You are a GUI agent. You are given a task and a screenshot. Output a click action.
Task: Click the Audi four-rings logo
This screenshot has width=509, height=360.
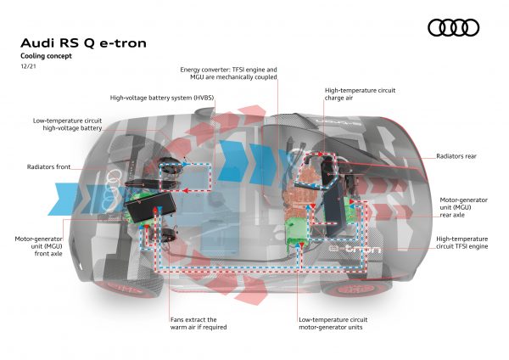click(453, 28)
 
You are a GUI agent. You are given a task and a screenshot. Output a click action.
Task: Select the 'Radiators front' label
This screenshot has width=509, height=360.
click(49, 167)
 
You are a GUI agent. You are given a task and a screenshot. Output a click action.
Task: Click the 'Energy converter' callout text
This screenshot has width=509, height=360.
click(229, 73)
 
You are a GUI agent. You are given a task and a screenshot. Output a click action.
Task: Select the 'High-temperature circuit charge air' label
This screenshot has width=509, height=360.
click(356, 93)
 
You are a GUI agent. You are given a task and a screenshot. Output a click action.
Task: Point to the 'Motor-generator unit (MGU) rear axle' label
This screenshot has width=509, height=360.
click(461, 208)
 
